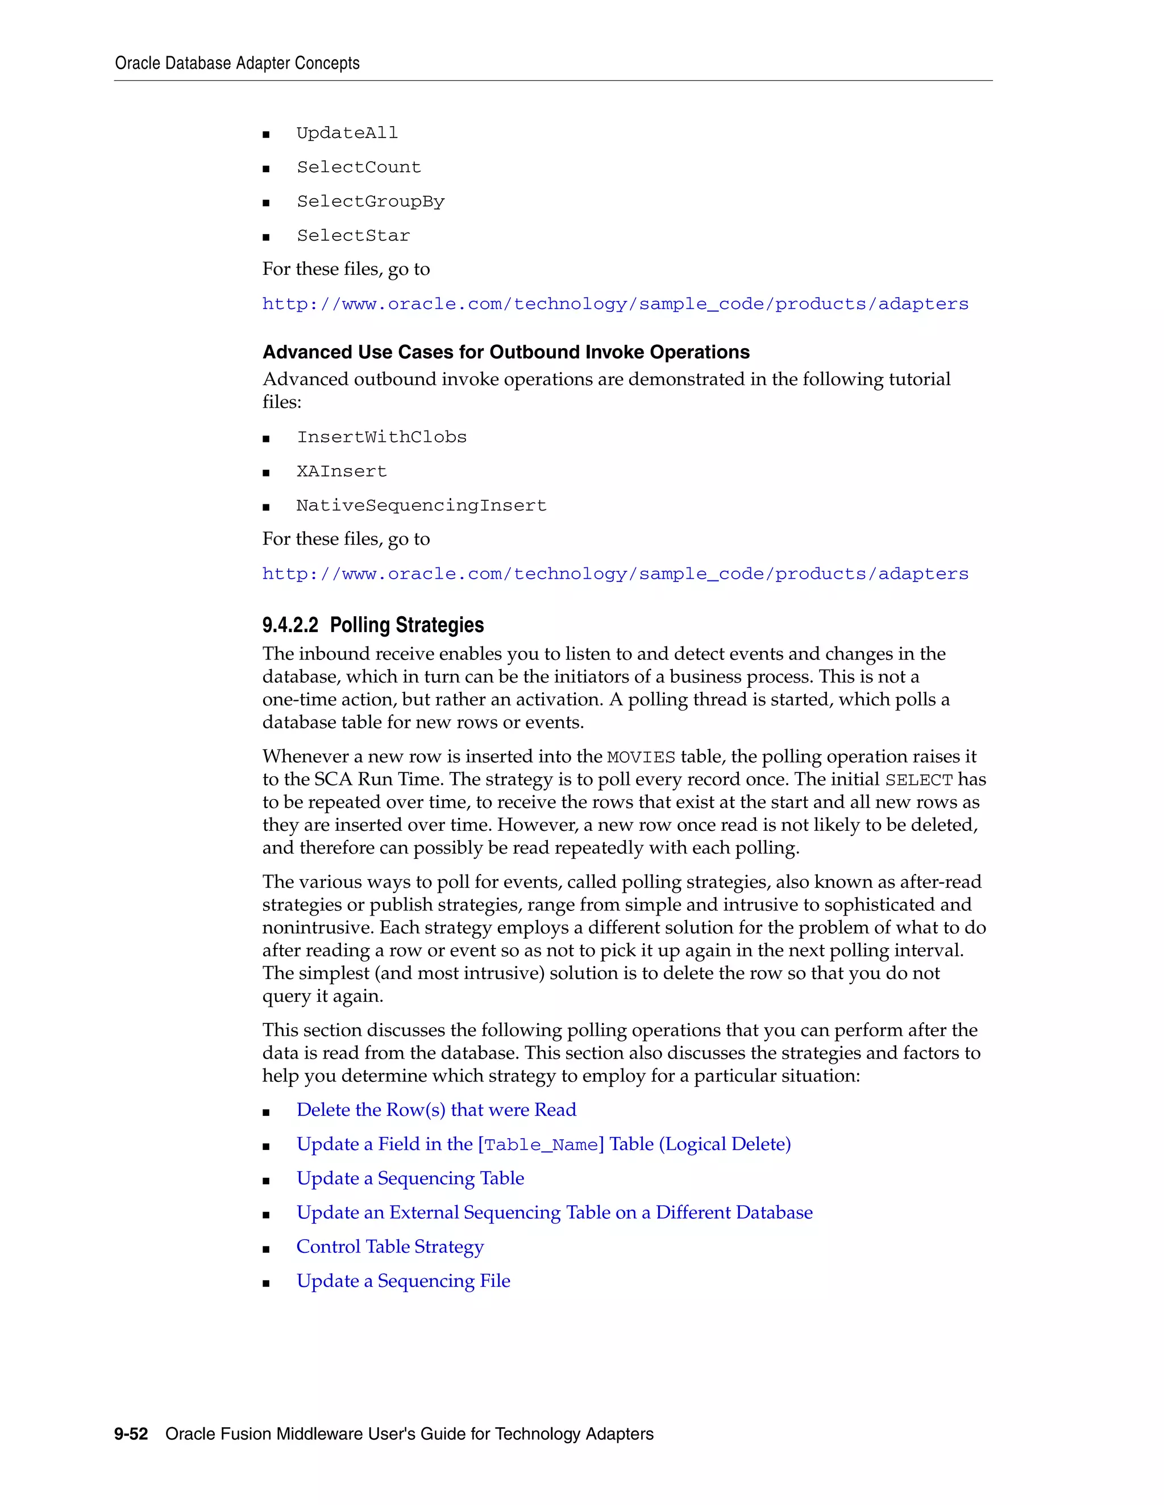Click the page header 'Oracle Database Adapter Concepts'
click(236, 64)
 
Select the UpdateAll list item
click(347, 133)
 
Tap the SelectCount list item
click(359, 168)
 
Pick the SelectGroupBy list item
click(371, 202)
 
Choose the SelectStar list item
click(353, 236)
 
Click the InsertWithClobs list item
click(381, 437)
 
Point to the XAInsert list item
click(342, 472)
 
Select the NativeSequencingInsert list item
click(421, 506)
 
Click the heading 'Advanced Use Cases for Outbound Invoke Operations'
click(505, 352)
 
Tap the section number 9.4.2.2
click(290, 625)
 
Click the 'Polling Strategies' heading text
click(406, 625)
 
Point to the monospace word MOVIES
click(641, 757)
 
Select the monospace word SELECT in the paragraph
click(918, 780)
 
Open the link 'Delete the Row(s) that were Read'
click(436, 1110)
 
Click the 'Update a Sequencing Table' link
click(410, 1178)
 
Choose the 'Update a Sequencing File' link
click(404, 1281)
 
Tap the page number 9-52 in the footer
click(131, 1434)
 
